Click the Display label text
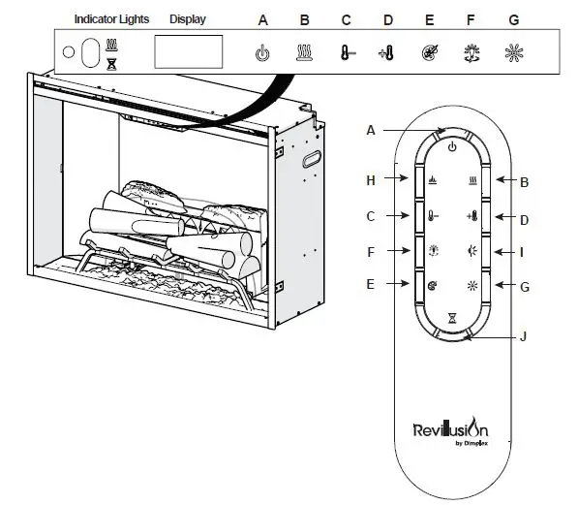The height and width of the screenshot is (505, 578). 187,19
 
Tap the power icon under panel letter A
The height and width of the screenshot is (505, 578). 261,53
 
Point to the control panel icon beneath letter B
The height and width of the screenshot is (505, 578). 304,53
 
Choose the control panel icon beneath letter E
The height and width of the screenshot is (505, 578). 428,53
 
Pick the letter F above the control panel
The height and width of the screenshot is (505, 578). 470,19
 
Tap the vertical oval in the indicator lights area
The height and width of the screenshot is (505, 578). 90,52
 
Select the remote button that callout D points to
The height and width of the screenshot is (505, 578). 473,216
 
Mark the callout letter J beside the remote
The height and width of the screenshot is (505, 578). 522,337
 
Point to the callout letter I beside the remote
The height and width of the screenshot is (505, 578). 522,251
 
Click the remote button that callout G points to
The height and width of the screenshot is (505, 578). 473,286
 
